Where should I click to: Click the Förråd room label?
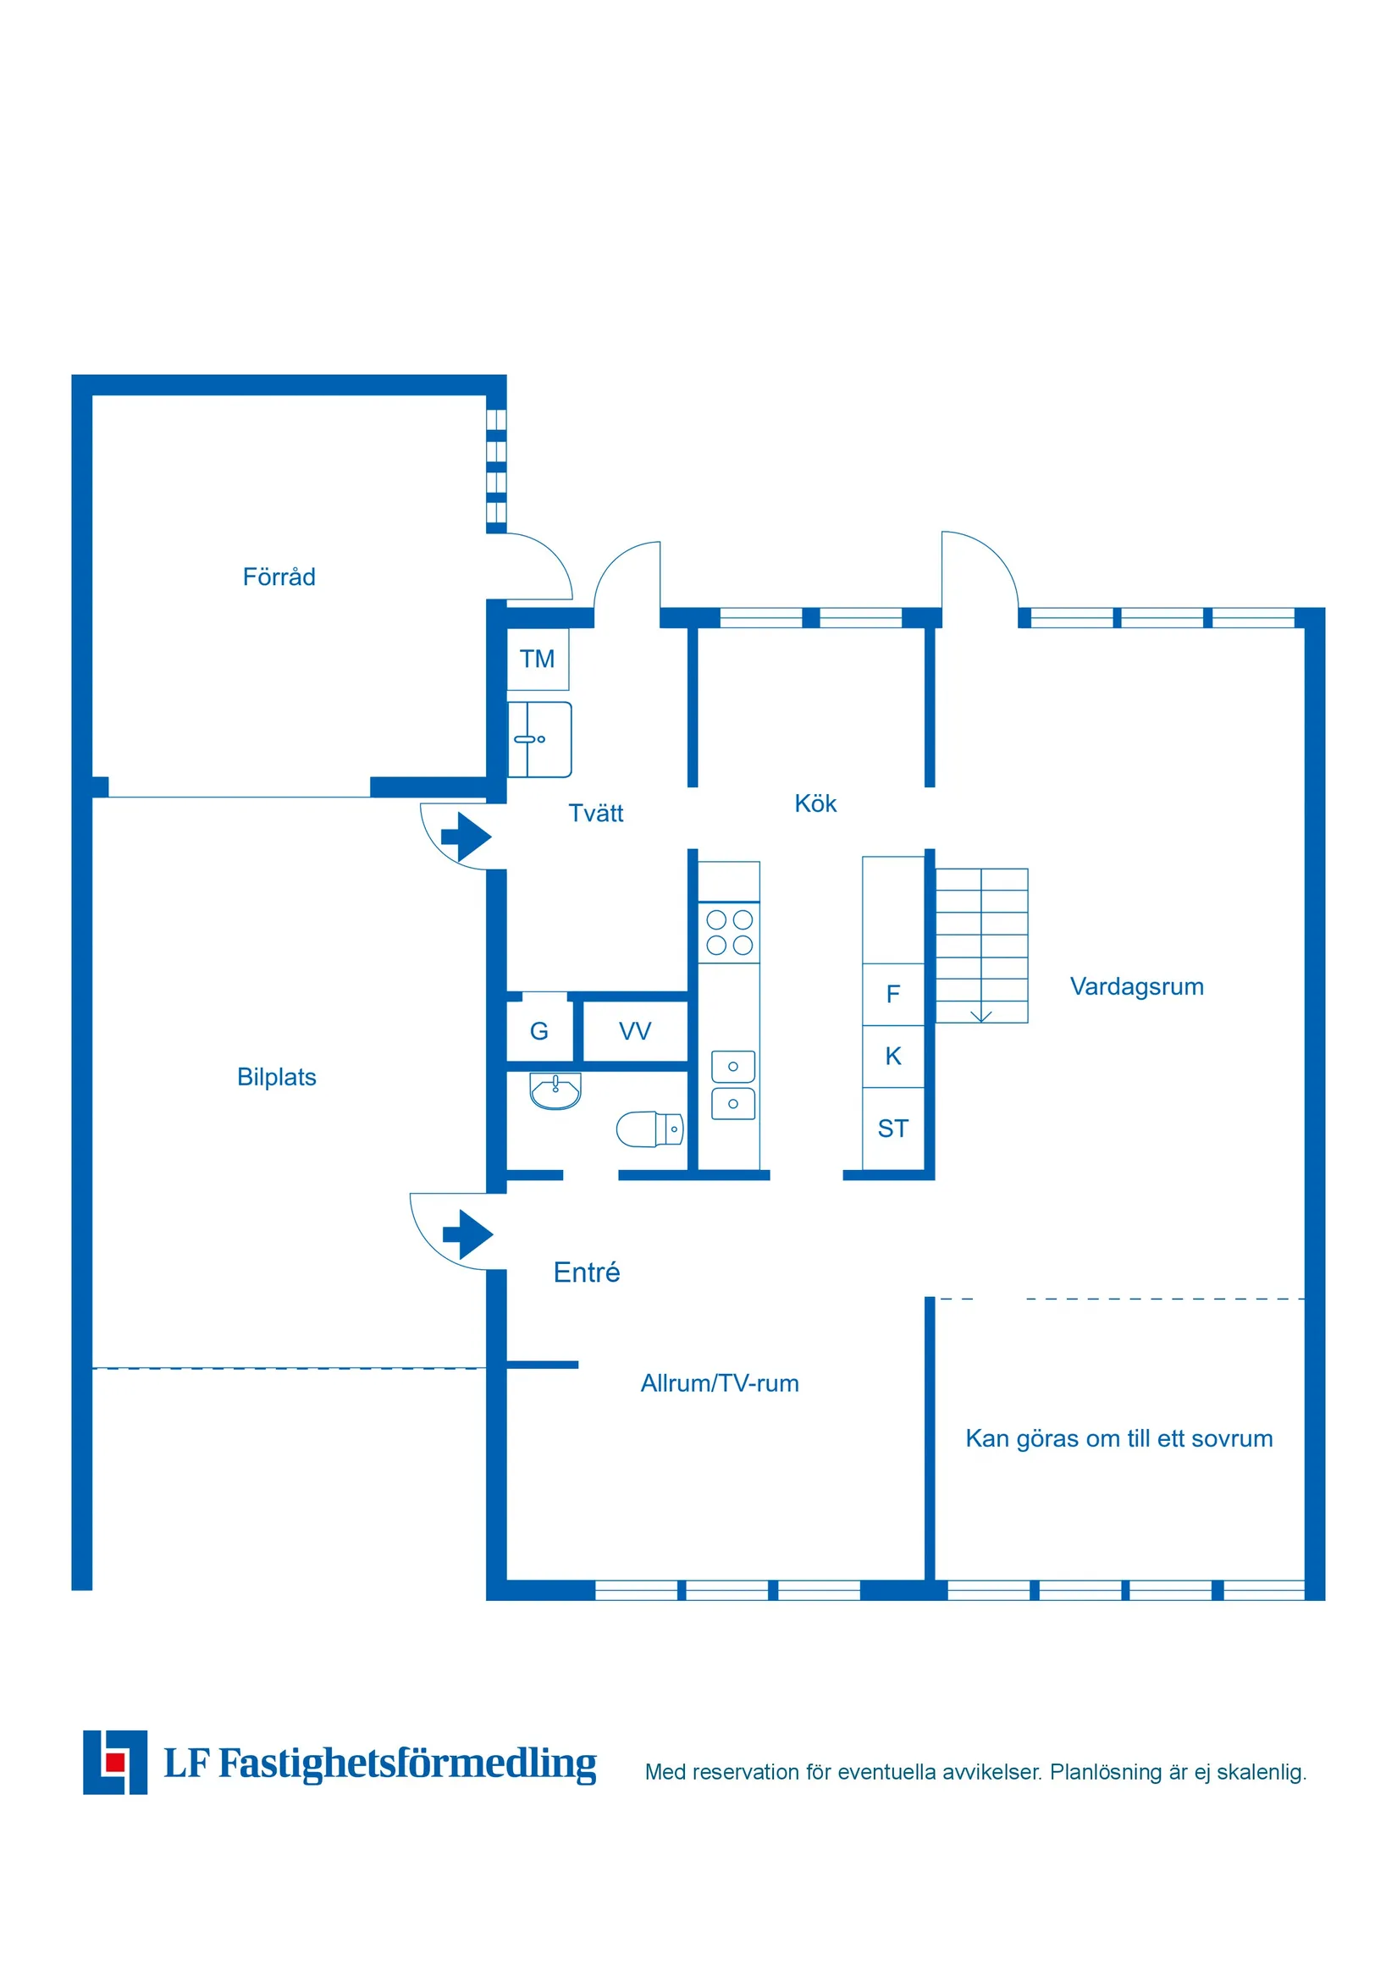(x=279, y=577)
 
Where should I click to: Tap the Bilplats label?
(x=276, y=1077)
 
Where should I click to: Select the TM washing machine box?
(x=537, y=660)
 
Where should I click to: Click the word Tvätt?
(x=596, y=814)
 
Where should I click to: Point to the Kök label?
(x=815, y=803)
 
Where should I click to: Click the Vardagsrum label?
(x=1136, y=986)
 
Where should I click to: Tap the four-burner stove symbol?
(x=729, y=932)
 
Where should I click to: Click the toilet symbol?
(x=650, y=1129)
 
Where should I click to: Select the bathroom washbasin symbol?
(x=555, y=1091)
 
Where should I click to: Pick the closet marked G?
(x=538, y=1031)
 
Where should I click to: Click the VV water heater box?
(x=635, y=1031)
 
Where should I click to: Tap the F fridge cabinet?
(x=893, y=994)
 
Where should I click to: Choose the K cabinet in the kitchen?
(x=893, y=1056)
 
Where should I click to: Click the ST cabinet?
(x=893, y=1129)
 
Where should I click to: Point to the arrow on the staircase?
(x=981, y=1016)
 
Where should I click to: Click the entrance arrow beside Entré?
(x=467, y=1235)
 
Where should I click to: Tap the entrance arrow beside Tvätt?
(x=466, y=836)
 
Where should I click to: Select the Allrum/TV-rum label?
(x=720, y=1383)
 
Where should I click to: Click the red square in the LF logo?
(x=114, y=1763)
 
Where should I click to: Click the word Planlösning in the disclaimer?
(x=1104, y=1772)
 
